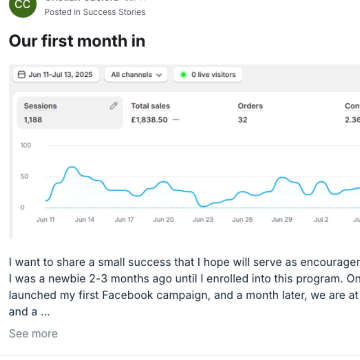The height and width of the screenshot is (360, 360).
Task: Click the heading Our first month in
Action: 77,41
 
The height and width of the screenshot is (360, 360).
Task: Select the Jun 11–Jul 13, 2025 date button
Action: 56,75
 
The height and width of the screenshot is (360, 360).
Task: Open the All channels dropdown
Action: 136,75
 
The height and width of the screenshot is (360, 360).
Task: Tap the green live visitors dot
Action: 184,75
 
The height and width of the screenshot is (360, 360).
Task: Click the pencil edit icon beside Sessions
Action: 113,106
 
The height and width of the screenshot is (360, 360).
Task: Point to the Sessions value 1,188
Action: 33,120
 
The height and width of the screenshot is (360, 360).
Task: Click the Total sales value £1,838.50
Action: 149,120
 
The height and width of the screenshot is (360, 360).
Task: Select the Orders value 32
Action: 242,120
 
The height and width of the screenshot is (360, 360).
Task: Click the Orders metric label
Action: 250,106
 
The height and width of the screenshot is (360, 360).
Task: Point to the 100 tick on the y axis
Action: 26,145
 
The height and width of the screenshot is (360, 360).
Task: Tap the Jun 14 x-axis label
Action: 85,220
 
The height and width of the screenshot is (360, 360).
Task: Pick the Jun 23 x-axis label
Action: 203,220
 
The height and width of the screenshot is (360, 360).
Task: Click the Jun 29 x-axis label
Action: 282,220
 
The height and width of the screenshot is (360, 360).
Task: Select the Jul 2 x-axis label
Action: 321,220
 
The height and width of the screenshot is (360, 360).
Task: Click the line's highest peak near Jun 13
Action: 72,167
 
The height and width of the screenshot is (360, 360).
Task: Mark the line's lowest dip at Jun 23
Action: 203,207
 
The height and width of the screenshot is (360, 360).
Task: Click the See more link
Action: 33,334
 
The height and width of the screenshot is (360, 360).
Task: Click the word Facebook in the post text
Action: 123,295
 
